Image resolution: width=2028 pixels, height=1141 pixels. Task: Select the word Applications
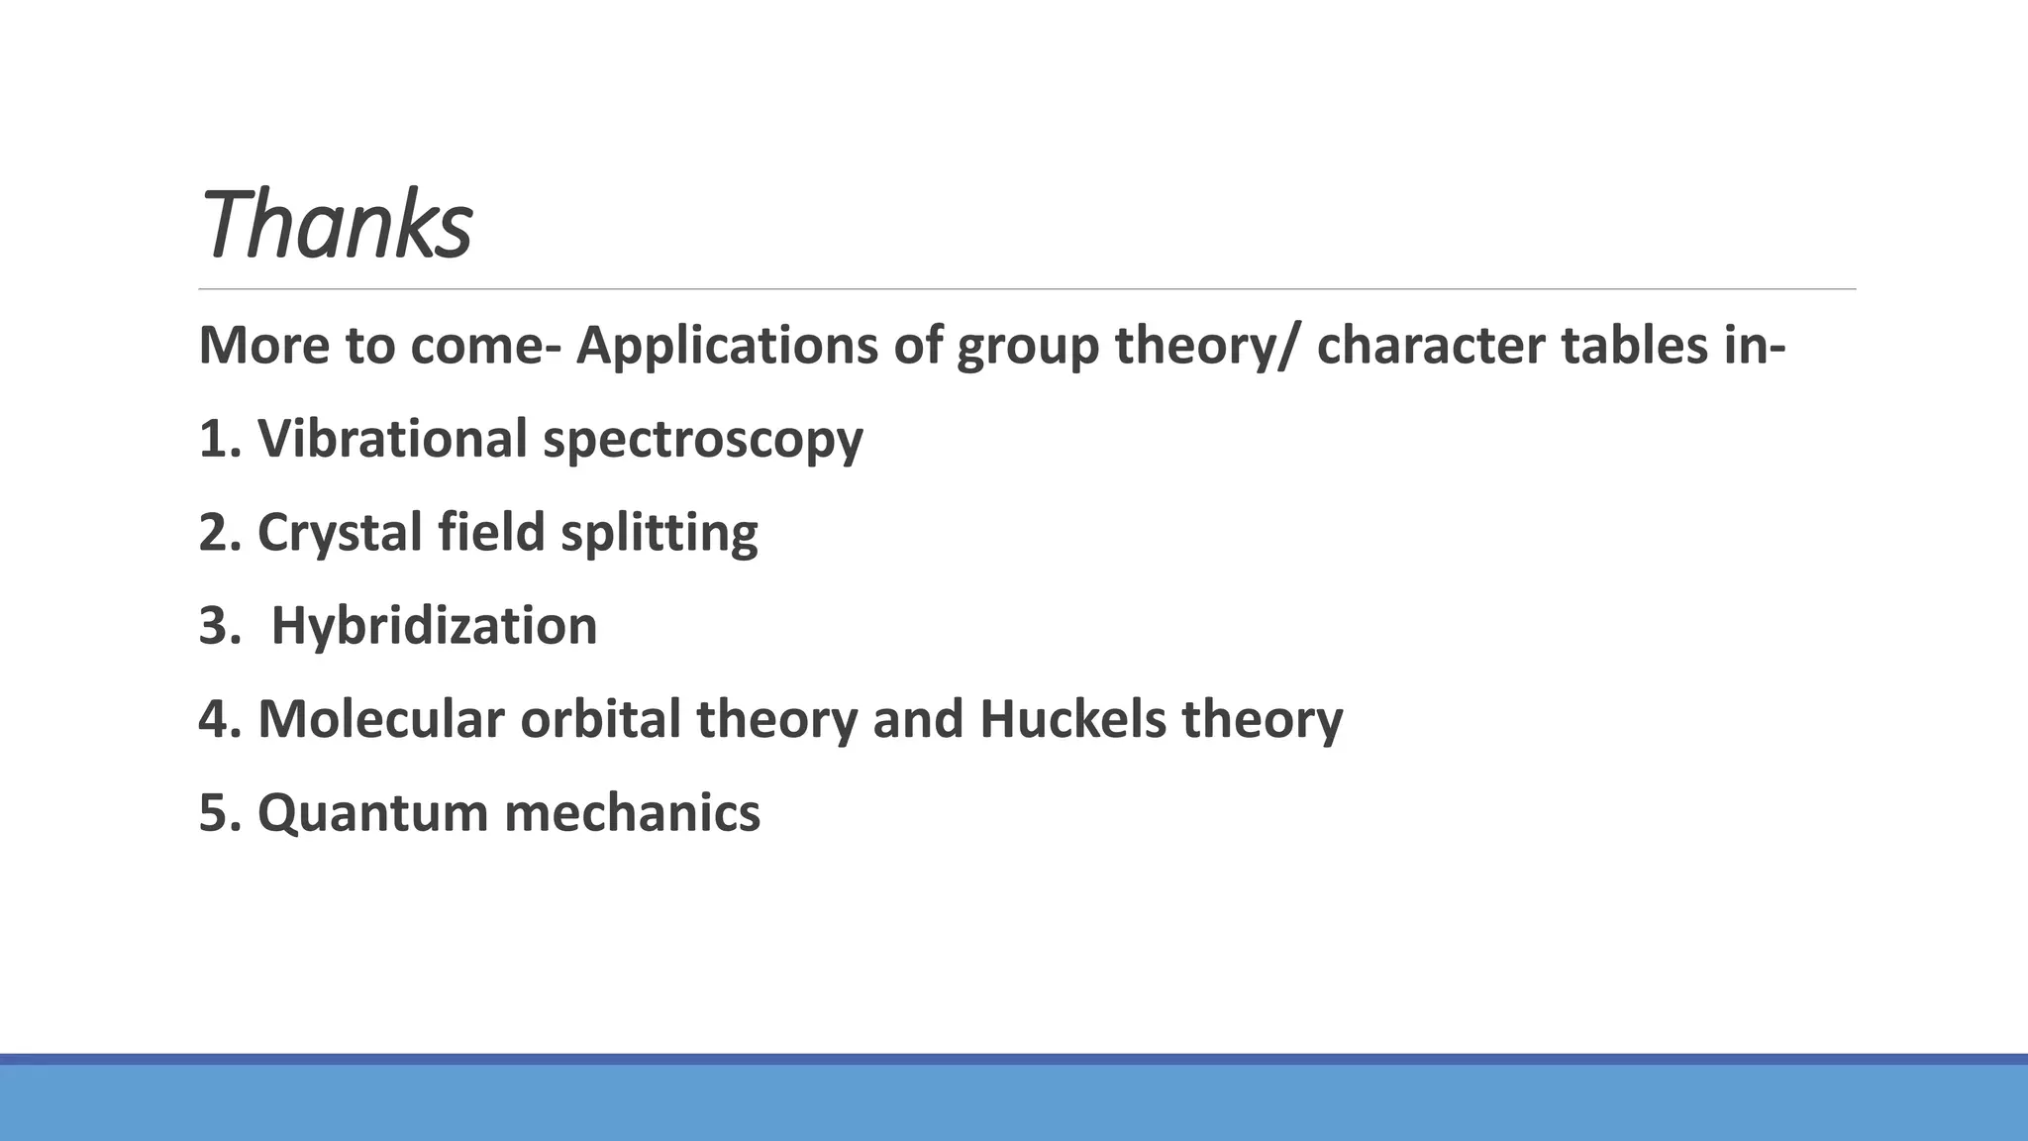727,346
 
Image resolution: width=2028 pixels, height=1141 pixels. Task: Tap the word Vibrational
392,438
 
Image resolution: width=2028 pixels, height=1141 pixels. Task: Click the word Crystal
340,533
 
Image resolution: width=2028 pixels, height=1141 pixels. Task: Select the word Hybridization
434,626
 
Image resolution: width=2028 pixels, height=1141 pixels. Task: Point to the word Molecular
381,719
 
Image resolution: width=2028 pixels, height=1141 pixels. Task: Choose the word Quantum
372,813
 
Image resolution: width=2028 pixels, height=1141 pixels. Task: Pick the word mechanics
632,813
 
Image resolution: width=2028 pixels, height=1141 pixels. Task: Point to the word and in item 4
918,719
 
